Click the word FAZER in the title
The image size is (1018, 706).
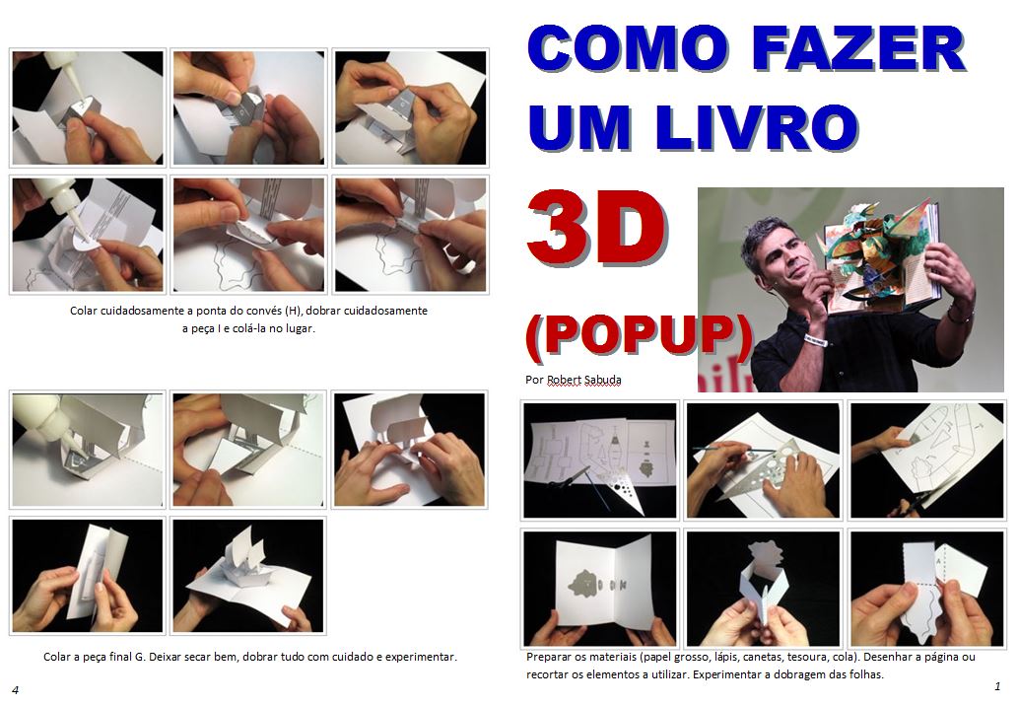(x=859, y=49)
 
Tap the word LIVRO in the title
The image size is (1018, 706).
(x=757, y=127)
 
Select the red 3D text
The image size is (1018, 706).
(x=596, y=227)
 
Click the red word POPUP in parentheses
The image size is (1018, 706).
(x=640, y=335)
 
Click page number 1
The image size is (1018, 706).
(x=997, y=686)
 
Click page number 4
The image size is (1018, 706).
(x=16, y=690)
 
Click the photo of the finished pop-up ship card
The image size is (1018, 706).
(x=248, y=576)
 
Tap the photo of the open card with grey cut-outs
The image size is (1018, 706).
(x=599, y=589)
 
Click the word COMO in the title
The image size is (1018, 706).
(x=628, y=49)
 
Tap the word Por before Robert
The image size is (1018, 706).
(x=534, y=380)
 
